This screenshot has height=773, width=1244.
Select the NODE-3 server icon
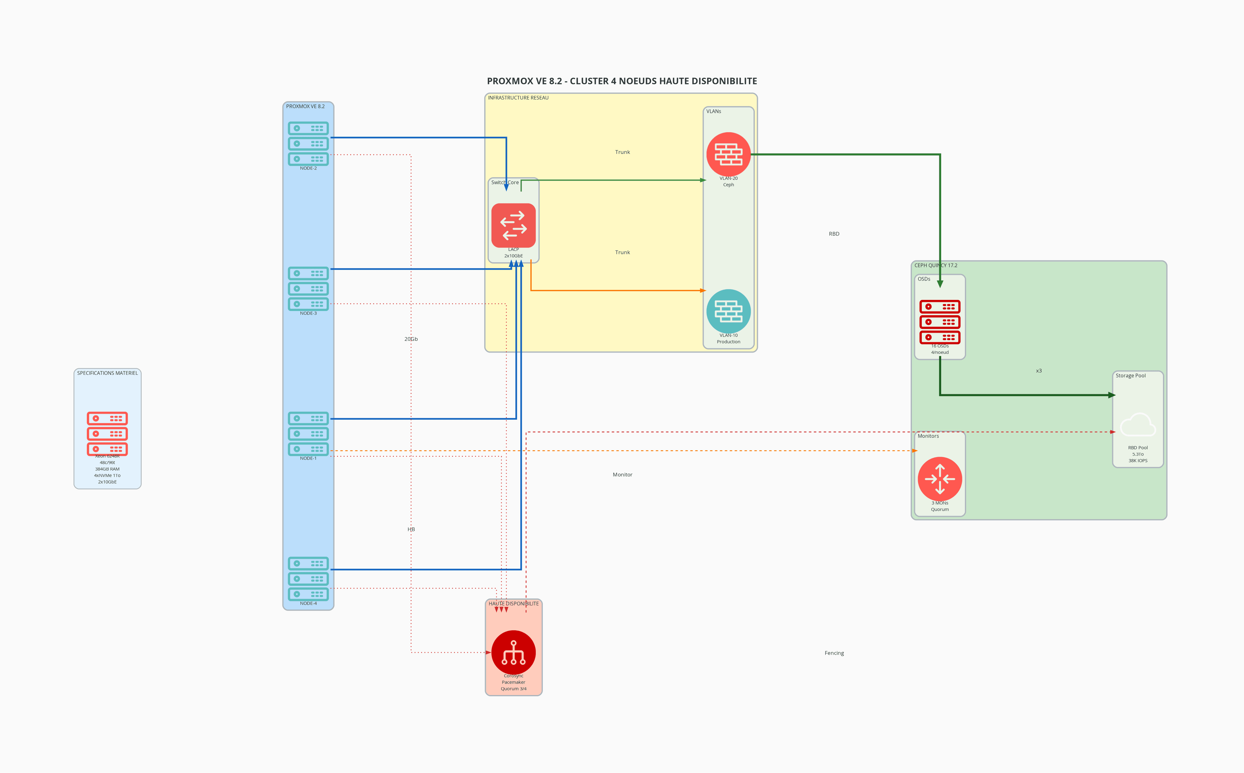click(x=308, y=288)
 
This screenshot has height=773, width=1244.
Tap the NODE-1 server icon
click(x=308, y=434)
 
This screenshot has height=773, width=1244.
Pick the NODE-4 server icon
click(x=308, y=579)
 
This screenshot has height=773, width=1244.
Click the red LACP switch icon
click(x=514, y=226)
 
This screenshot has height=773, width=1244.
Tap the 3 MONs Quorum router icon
click(x=940, y=479)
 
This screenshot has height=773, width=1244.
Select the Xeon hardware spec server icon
click(x=107, y=434)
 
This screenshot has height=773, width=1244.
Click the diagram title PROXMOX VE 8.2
click(x=622, y=81)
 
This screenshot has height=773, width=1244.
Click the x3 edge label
click(x=1039, y=371)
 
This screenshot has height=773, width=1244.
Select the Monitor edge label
click(x=622, y=474)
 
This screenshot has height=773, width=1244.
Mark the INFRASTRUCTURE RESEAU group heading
click(x=518, y=98)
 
